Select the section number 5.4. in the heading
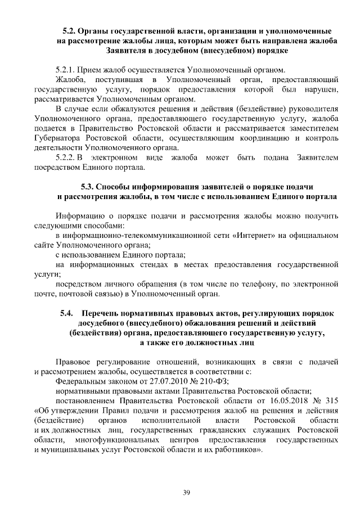(x=68, y=313)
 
